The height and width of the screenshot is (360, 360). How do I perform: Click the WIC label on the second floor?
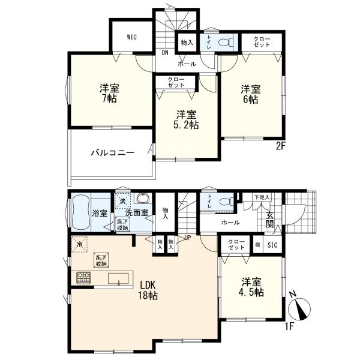(x=132, y=37)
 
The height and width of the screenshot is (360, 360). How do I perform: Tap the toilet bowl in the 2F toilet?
(x=225, y=42)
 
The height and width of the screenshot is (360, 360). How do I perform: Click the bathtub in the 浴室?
(x=80, y=212)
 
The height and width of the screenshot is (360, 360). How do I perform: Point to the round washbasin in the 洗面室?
(x=143, y=197)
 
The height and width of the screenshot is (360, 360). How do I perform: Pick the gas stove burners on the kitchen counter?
(x=83, y=278)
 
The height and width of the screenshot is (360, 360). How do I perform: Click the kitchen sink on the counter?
(x=118, y=279)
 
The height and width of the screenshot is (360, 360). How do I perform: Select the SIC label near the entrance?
(x=272, y=245)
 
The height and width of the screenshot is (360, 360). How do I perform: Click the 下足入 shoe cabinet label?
(x=262, y=197)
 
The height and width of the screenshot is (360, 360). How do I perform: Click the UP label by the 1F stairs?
(x=187, y=238)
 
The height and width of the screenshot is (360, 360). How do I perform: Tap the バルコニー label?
(x=113, y=152)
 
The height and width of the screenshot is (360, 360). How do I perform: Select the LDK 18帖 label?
(x=148, y=290)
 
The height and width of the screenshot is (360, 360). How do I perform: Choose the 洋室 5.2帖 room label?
(x=186, y=119)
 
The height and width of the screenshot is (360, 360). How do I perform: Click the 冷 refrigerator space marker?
(x=79, y=244)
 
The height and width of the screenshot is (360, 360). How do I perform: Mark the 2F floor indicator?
(x=280, y=146)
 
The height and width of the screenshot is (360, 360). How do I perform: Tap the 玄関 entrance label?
(x=270, y=220)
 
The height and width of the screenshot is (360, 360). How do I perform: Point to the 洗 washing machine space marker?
(x=122, y=201)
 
